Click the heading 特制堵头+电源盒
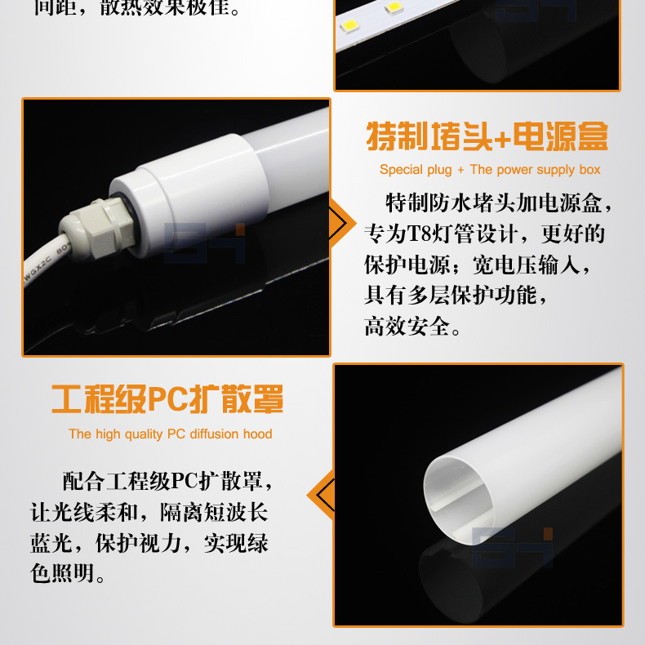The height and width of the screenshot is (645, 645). (x=487, y=136)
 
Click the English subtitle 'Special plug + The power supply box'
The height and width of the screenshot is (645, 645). (x=490, y=170)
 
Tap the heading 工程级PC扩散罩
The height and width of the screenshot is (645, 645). (x=167, y=400)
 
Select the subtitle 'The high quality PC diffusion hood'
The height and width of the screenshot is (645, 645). (x=170, y=434)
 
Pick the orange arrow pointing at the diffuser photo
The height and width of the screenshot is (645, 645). (x=320, y=495)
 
